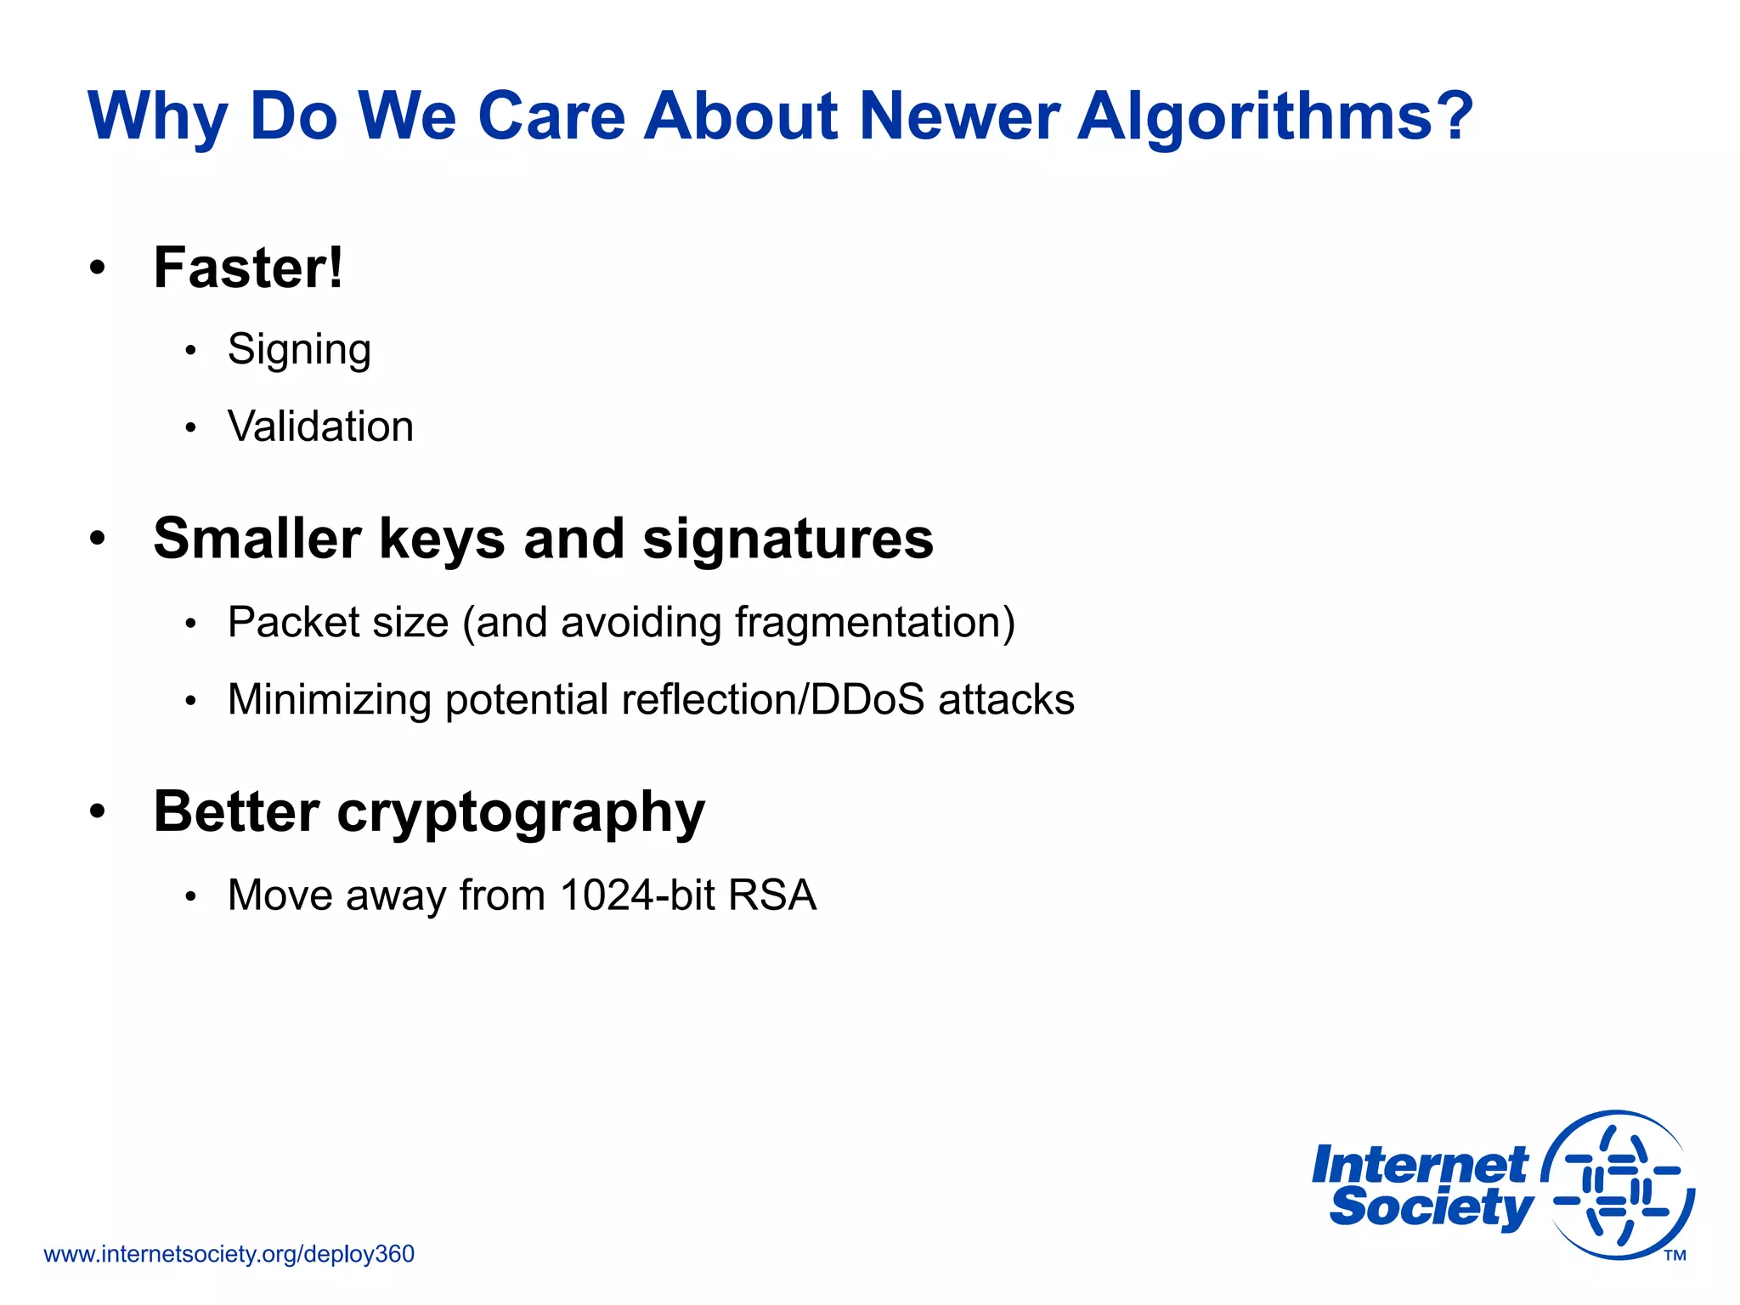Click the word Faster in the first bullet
point(240,268)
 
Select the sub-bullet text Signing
point(299,350)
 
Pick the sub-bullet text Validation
point(320,427)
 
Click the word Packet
point(294,623)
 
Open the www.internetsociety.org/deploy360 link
point(229,1255)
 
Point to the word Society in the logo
point(1431,1207)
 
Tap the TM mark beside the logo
point(1675,1256)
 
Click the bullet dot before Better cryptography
point(98,812)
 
